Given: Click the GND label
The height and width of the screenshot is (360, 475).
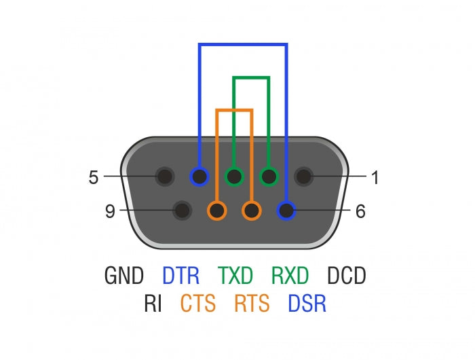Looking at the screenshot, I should tap(124, 276).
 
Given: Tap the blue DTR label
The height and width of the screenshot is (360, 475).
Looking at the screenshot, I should tap(180, 276).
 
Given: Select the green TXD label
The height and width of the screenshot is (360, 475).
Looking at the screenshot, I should tap(235, 276).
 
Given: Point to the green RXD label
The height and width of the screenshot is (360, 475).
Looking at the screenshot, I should tap(290, 276).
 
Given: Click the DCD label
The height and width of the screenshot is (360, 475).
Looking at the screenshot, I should tap(346, 276).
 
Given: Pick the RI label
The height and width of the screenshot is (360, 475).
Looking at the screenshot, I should tap(153, 303).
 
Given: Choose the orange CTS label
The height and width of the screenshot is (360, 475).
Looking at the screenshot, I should tap(198, 303).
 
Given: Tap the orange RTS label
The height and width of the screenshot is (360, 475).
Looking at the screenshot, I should tap(252, 303).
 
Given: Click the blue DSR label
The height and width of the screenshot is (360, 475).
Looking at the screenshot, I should tap(307, 303).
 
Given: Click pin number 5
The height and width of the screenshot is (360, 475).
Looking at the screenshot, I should tap(94, 178).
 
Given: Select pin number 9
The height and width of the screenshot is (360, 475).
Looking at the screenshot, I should tap(111, 211).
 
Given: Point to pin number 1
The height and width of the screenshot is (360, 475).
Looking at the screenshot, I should tap(375, 178).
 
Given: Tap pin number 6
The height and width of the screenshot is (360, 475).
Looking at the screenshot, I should tap(360, 211).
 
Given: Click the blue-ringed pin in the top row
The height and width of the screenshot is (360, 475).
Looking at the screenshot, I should tap(199, 177).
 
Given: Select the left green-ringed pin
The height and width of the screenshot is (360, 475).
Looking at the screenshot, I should tap(234, 177).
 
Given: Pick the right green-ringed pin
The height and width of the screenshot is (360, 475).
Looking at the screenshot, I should tap(269, 177).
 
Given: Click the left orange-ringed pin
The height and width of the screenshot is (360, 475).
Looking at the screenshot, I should tap(216, 211).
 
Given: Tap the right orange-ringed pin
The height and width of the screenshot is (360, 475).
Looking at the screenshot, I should tap(252, 211).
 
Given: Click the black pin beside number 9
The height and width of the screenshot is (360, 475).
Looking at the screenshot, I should tap(181, 211).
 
